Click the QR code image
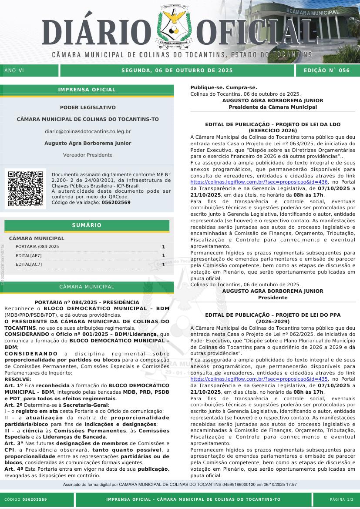pos(26,188)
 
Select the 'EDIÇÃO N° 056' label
pos(326,70)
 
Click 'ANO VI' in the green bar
pos(14,70)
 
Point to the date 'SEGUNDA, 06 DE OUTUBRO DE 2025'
pos(177,70)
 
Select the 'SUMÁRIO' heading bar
pos(87,225)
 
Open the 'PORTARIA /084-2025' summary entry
pos(37,247)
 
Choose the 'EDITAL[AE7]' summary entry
pos(29,255)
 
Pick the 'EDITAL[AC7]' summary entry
pos(29,264)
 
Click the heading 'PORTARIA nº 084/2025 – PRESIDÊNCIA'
pos(87,302)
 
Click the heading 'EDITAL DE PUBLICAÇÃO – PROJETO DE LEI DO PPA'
pos(273,315)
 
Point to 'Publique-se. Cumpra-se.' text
pos(224,87)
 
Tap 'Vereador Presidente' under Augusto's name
pos(87,155)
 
